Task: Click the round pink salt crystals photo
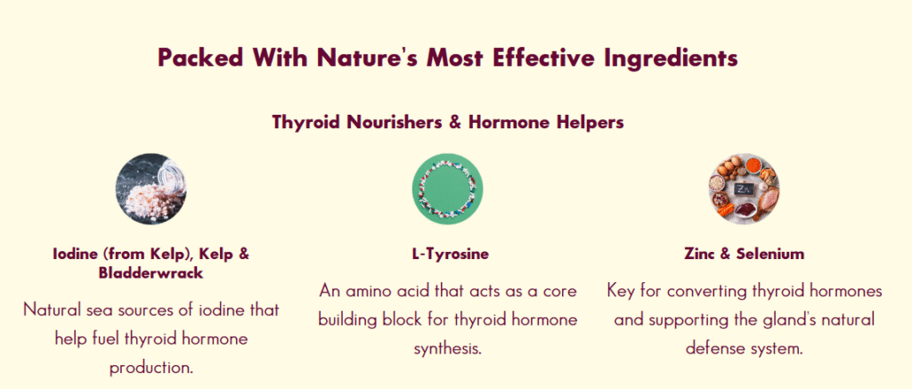(x=151, y=189)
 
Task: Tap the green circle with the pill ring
(x=447, y=189)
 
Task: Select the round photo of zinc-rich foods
(x=744, y=189)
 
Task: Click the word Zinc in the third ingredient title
(x=698, y=254)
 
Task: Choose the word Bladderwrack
(x=151, y=273)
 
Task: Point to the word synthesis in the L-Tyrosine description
(x=447, y=350)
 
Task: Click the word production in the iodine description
(x=151, y=369)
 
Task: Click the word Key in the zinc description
(x=621, y=291)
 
